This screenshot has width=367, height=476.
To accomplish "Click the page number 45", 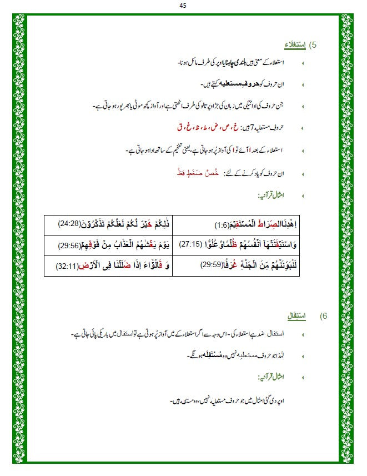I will (183, 6).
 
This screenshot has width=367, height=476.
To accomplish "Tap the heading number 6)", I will (324, 316).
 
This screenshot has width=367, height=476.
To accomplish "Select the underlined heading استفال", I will (296, 316).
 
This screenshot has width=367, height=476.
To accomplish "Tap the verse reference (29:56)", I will (72, 244).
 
